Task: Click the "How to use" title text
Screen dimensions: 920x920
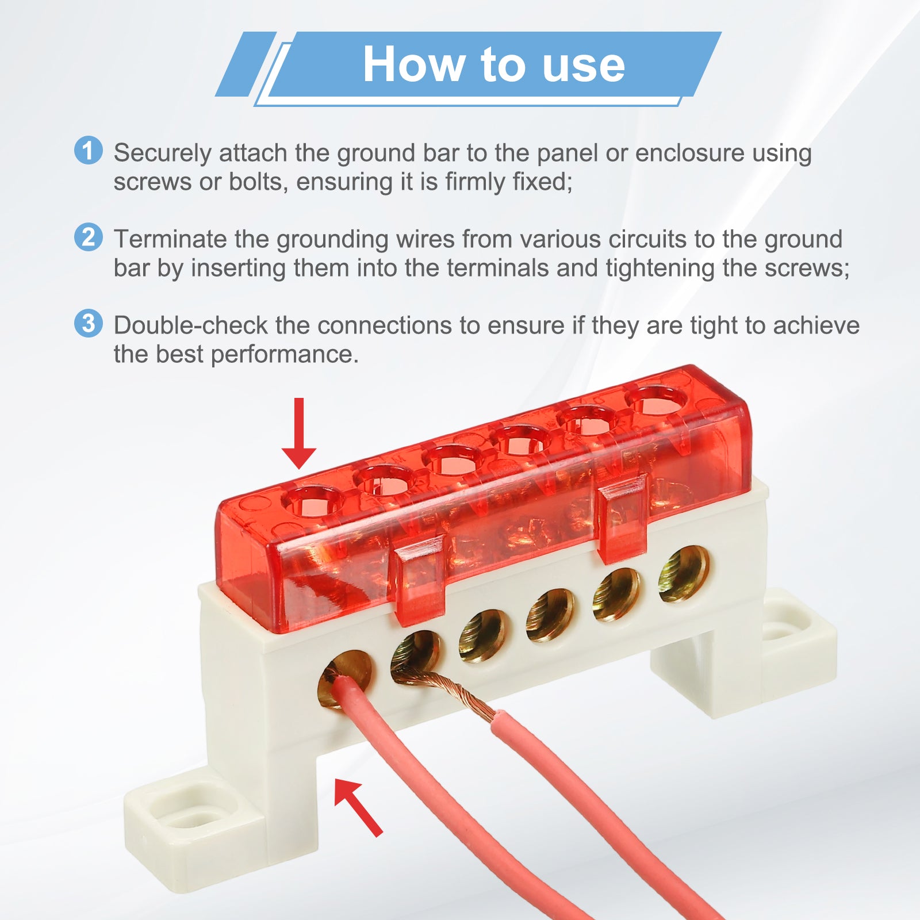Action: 493,64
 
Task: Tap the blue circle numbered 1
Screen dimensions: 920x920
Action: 89,151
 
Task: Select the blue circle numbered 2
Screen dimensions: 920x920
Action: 89,237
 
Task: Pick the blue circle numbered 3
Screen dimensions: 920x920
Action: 89,323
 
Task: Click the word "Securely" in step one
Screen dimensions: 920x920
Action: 163,154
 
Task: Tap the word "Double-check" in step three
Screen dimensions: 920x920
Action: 190,325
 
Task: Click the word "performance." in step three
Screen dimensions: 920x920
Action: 285,355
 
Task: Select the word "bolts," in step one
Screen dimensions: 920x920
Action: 259,182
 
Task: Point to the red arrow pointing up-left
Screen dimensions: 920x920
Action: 358,807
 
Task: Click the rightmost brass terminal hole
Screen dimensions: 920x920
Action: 684,574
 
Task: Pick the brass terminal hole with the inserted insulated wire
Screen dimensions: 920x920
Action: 345,679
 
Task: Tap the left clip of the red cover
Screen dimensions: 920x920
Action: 419,580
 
